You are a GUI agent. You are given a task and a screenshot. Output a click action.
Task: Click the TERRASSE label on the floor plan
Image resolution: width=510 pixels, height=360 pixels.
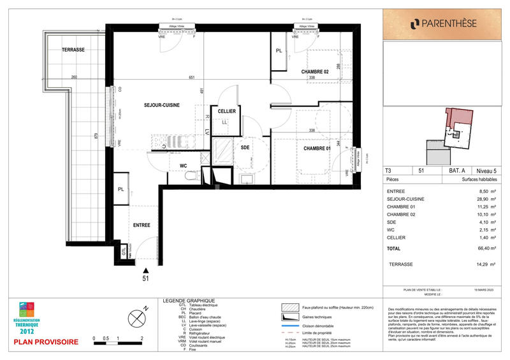(x=73, y=50)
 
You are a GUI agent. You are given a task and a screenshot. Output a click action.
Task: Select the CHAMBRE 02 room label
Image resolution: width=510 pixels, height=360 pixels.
(x=315, y=72)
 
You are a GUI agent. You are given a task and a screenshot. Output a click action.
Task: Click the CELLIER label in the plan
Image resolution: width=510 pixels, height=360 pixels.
(x=227, y=112)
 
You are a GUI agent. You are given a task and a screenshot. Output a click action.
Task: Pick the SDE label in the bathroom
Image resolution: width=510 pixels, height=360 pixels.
(x=245, y=147)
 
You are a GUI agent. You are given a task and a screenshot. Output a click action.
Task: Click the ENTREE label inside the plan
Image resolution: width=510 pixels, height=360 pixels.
(x=142, y=226)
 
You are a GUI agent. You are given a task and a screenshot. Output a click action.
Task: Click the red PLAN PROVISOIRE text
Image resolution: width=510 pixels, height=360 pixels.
(x=46, y=342)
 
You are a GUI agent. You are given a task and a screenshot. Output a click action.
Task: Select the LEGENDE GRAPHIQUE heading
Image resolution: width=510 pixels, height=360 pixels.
(x=189, y=301)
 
